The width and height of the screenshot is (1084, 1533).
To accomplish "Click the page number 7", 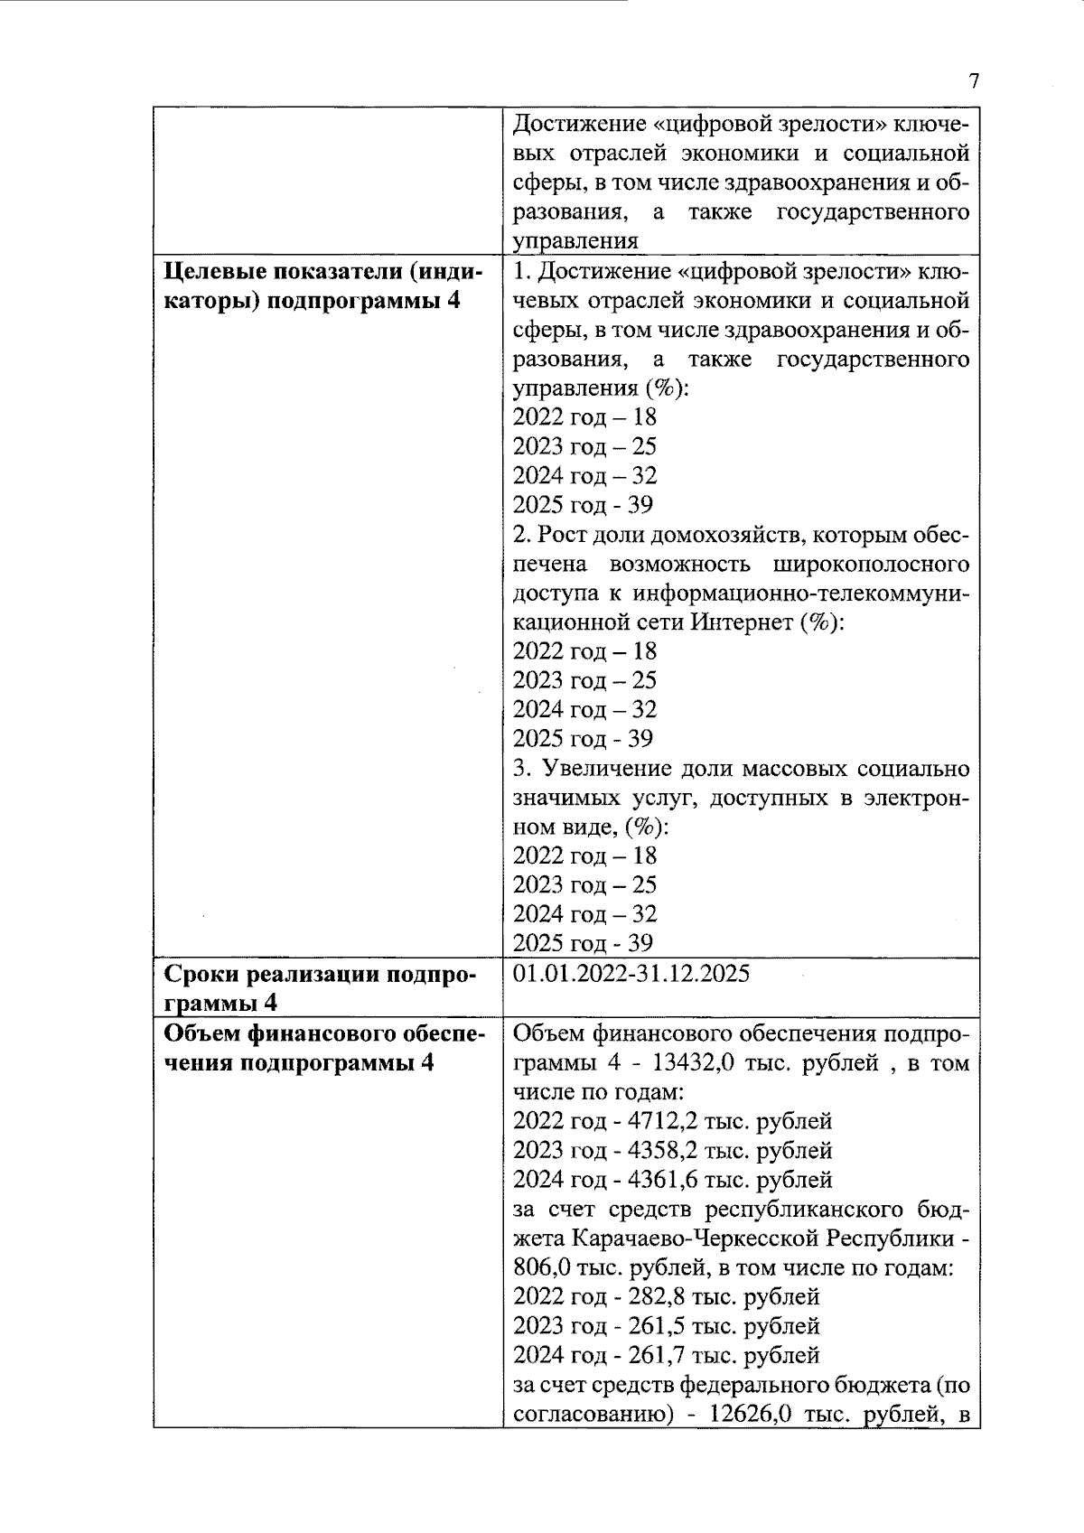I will click(973, 81).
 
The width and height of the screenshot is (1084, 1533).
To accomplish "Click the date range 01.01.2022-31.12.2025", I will click(631, 974).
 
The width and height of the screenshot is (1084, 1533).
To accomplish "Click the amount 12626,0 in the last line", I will click(752, 1414).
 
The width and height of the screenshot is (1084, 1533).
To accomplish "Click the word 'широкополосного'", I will click(872, 565).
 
